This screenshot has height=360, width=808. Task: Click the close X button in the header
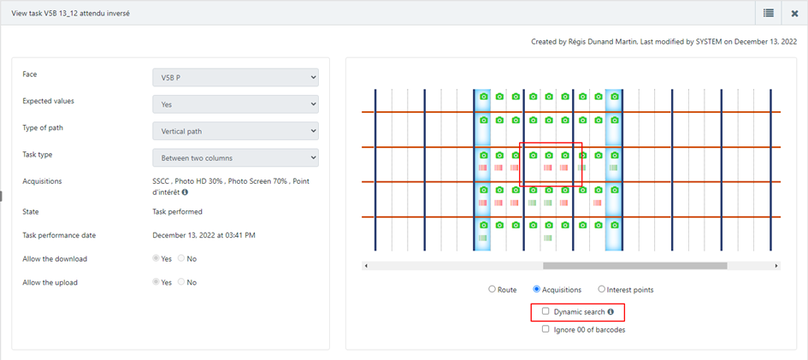point(794,14)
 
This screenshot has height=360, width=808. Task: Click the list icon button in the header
point(769,14)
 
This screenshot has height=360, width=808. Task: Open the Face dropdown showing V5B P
point(235,77)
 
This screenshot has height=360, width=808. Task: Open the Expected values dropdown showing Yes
point(235,104)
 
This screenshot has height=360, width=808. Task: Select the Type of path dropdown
point(235,131)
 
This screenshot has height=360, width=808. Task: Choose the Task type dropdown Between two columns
point(235,157)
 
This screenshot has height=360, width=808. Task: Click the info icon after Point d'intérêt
point(185,192)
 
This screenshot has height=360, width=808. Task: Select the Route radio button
point(492,289)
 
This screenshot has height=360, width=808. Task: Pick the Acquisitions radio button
point(536,289)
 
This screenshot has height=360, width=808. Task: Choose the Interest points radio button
point(601,289)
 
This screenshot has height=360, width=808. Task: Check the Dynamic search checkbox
point(546,311)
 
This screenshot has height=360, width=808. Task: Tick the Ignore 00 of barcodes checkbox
point(546,329)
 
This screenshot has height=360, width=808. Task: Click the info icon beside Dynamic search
point(610,311)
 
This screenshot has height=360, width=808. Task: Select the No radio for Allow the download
point(181,258)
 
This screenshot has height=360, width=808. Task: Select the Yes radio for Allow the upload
point(156,282)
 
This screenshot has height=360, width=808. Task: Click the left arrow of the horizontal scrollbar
point(366,266)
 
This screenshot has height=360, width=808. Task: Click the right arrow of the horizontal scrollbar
point(776,266)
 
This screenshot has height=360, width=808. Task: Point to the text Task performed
point(175,211)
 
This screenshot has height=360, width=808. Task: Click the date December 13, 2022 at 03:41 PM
point(204,235)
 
